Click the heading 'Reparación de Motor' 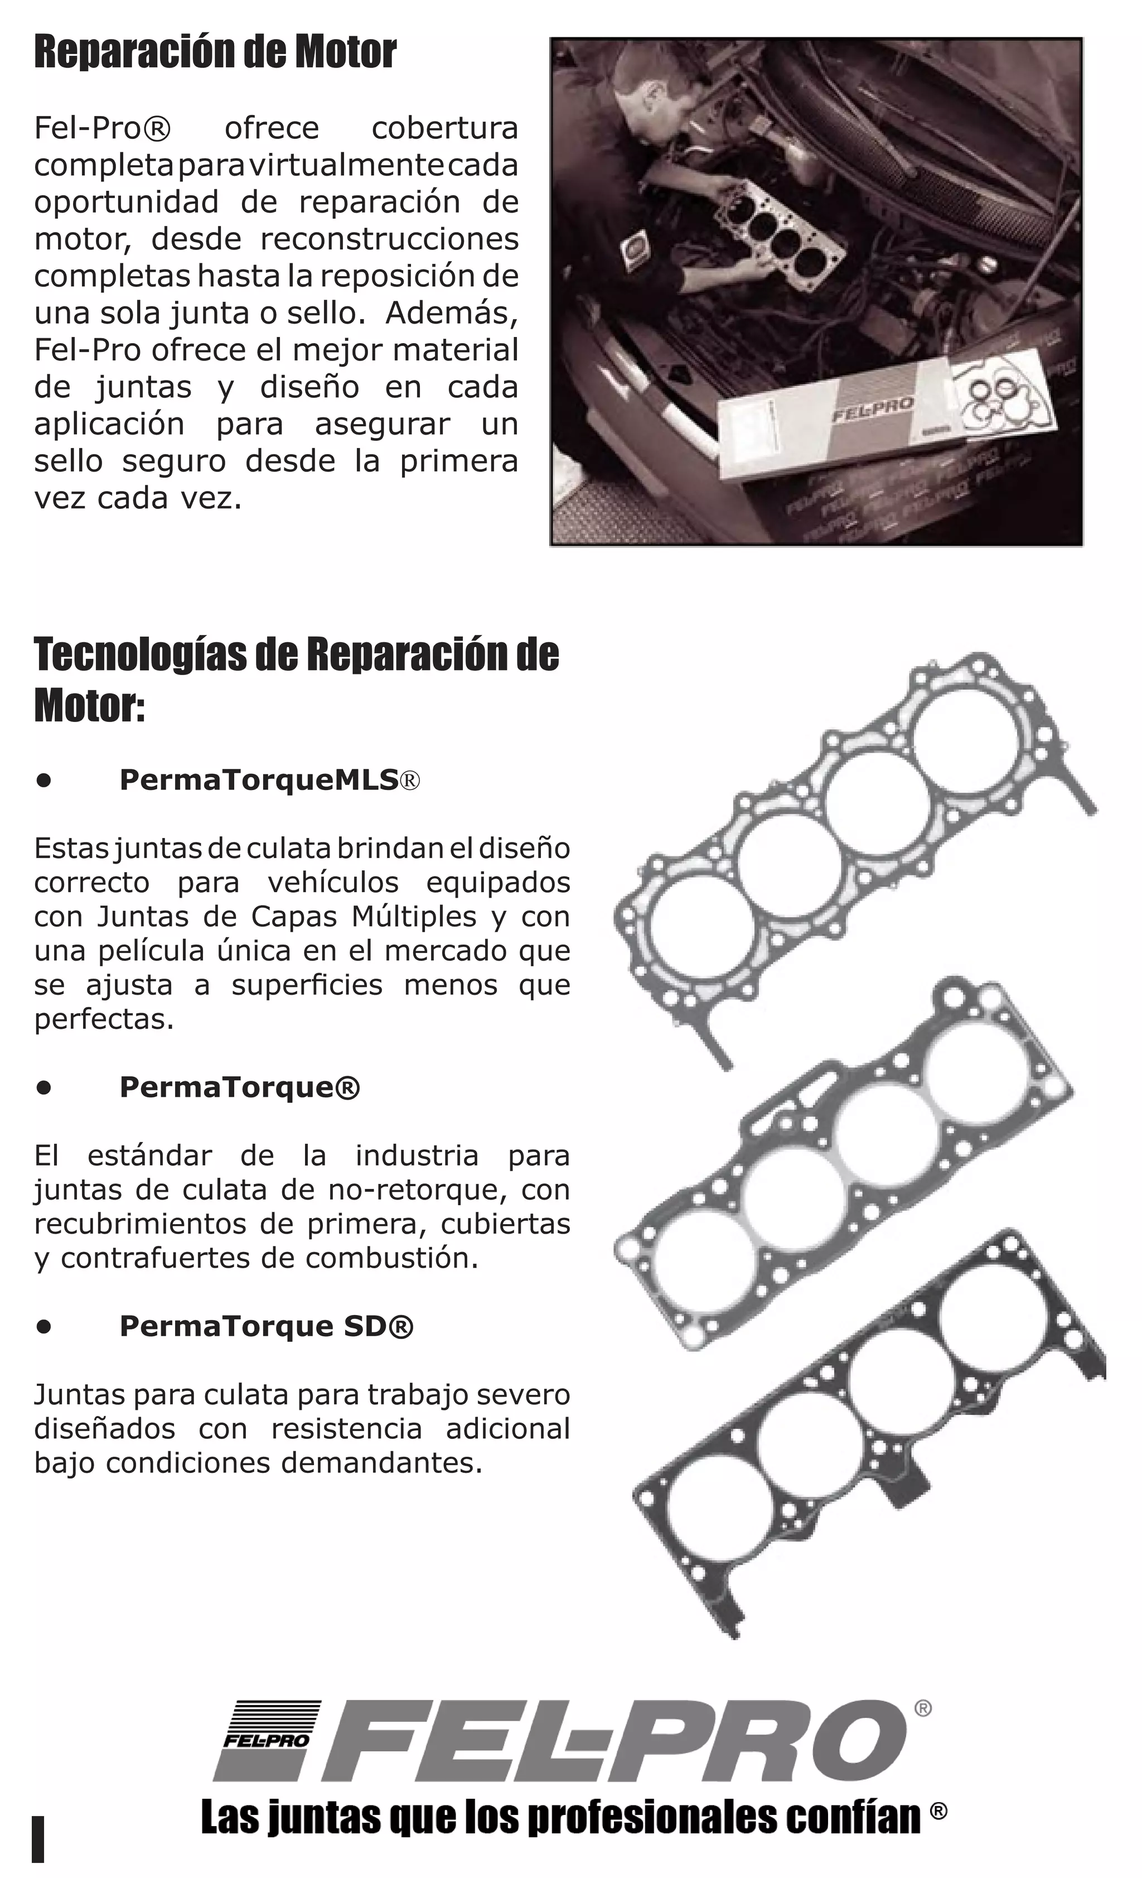[215, 54]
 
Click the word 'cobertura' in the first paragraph [444, 128]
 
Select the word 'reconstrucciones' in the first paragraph [389, 239]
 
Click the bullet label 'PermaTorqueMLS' [259, 779]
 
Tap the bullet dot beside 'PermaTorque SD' [44, 1327]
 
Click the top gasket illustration [853, 839]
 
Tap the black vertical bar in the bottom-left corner [38, 1838]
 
